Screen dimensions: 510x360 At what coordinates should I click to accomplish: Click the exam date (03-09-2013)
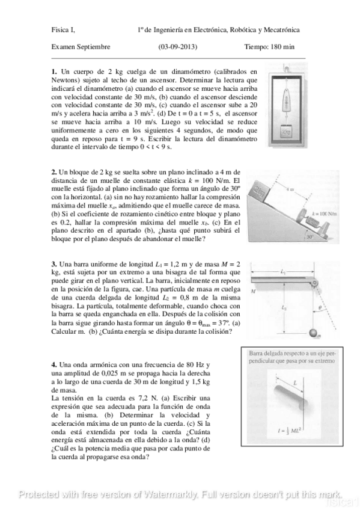click(177, 46)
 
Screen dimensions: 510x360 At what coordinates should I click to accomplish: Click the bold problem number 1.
click(54, 72)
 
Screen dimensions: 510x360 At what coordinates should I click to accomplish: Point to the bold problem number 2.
click(54, 173)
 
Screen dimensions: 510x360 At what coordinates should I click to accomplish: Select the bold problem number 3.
click(54, 264)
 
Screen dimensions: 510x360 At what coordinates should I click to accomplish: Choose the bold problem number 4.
click(54, 364)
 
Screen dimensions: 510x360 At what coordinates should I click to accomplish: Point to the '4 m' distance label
click(290, 189)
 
